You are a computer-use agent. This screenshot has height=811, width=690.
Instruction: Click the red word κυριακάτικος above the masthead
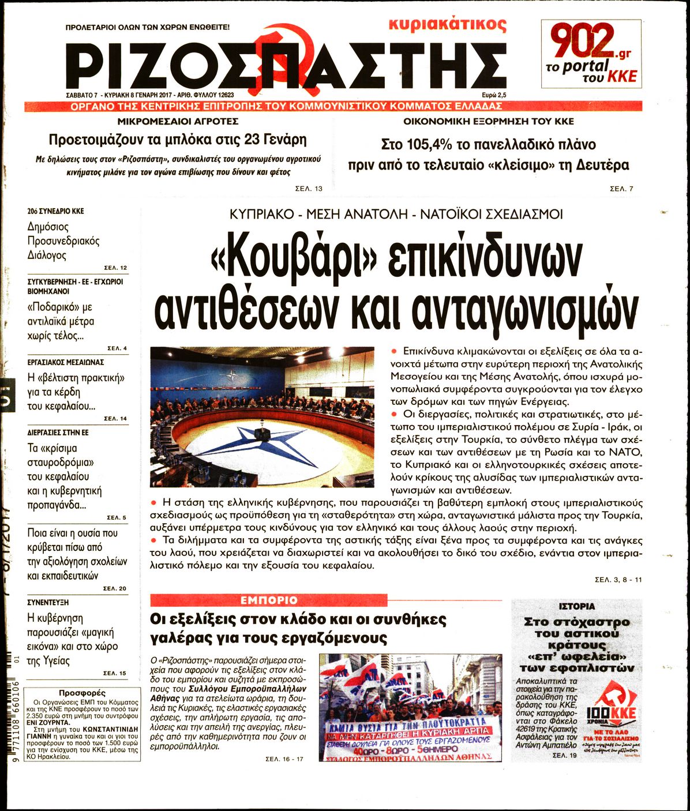[x=447, y=25]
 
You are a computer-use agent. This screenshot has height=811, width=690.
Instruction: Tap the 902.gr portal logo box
[x=591, y=54]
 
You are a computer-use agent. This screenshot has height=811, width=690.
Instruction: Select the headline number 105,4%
[x=420, y=145]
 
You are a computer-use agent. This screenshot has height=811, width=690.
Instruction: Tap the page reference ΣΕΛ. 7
[x=621, y=189]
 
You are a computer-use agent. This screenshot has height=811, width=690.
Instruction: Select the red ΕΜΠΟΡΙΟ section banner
[x=269, y=600]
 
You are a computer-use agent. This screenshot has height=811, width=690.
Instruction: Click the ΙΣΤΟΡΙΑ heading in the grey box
[x=577, y=607]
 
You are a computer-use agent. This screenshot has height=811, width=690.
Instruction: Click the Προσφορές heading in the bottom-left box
[x=82, y=693]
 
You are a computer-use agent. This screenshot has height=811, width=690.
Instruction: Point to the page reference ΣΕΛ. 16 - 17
[x=284, y=759]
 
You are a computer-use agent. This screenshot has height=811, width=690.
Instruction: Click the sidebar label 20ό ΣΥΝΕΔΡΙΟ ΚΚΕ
[x=55, y=211]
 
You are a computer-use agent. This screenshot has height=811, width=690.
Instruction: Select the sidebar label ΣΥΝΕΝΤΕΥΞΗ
[x=48, y=602]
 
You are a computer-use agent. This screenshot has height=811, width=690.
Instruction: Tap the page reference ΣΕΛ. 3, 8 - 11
[x=618, y=580]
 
